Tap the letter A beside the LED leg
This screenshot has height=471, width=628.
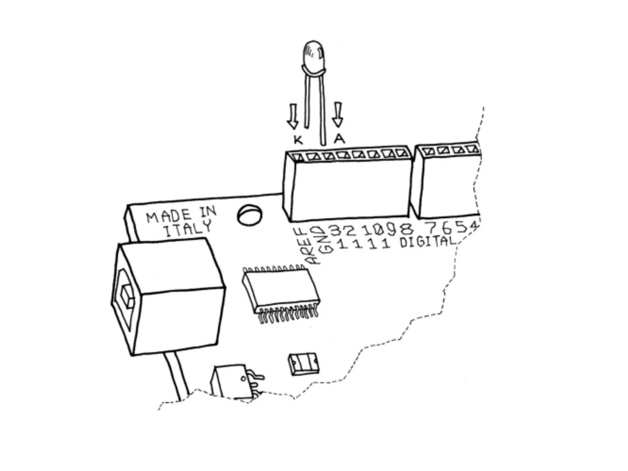(339, 139)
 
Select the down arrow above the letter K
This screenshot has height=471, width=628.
(293, 116)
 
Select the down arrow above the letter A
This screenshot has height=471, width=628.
(338, 114)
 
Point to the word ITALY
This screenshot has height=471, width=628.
(188, 229)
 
